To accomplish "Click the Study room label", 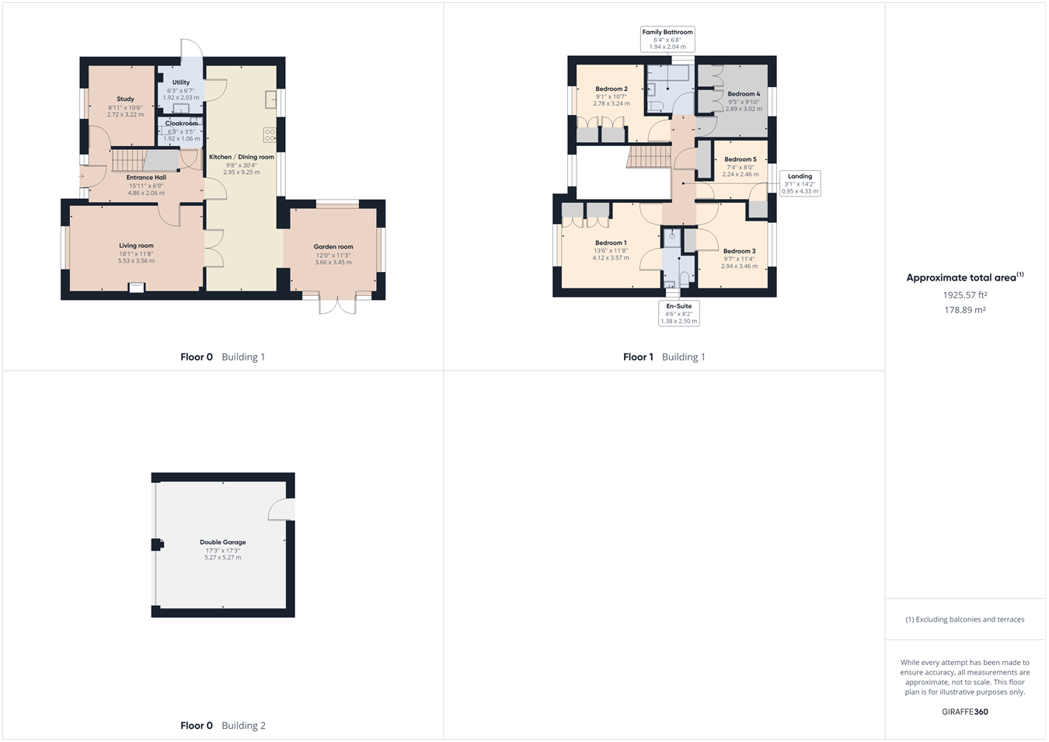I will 125,99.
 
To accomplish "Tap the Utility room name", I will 181,82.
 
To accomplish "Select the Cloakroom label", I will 181,124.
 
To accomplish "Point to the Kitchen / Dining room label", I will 242,157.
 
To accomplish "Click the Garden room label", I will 333,247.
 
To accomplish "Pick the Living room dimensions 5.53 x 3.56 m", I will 136,261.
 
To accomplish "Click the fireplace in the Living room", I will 137,287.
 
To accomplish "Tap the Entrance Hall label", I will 146,177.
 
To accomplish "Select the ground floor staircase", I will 128,161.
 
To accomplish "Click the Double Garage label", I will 223,542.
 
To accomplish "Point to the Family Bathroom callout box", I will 667,40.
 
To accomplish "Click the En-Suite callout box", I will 678,313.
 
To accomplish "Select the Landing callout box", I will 800,183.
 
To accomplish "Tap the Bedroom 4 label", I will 744,94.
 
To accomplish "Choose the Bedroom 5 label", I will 741,159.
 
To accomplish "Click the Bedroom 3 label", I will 739,251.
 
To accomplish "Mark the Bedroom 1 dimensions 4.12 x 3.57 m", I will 610,258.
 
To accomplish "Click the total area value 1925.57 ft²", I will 964,295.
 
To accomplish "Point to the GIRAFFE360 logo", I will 964,712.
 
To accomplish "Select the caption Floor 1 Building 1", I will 664,357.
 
